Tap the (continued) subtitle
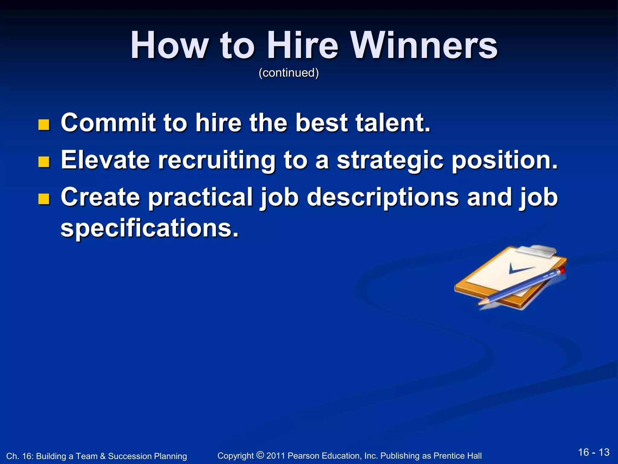point(288,73)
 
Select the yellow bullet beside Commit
point(44,125)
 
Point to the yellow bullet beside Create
point(44,199)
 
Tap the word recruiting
point(216,160)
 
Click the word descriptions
point(383,197)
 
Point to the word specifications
point(149,228)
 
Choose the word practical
point(200,197)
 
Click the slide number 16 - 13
point(594,452)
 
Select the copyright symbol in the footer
point(260,455)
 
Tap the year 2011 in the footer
point(276,456)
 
